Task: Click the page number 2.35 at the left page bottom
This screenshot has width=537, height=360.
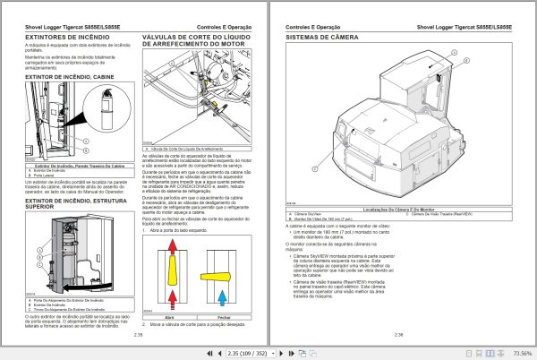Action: point(138,335)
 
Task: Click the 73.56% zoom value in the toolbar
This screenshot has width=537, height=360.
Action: point(512,352)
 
